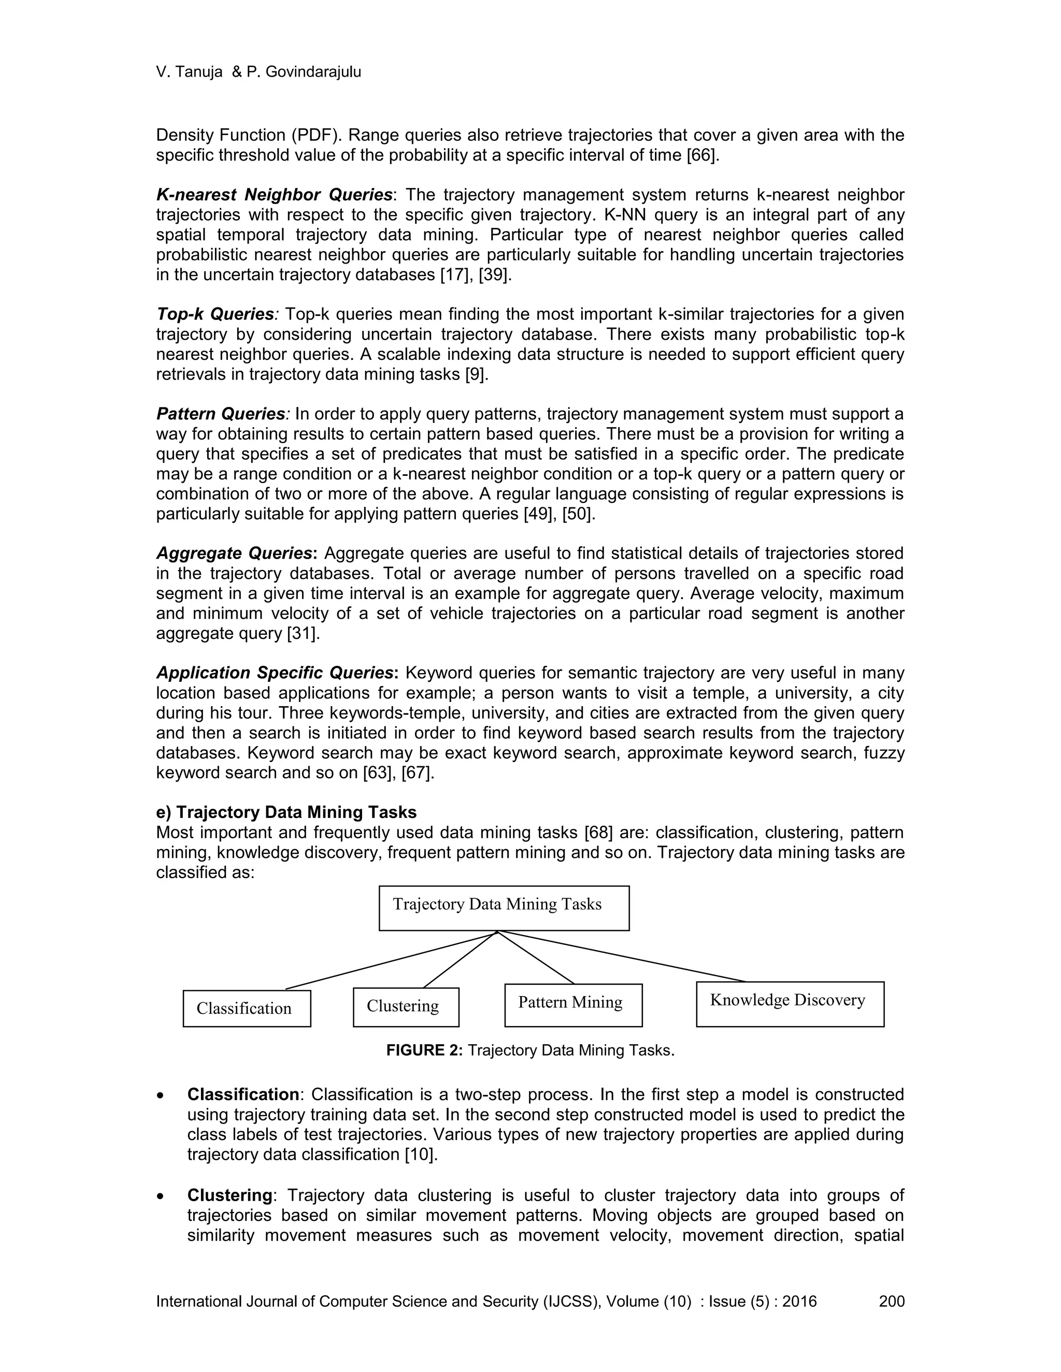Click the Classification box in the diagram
pyautogui.click(x=247, y=1008)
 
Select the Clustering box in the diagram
pyautogui.click(x=406, y=1006)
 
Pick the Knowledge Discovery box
pyautogui.click(x=790, y=1003)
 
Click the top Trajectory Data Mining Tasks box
pyautogui.click(x=504, y=908)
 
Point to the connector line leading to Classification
pyautogui.click(x=390, y=960)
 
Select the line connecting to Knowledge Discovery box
pyautogui.click(x=622, y=957)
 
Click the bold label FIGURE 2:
pyautogui.click(x=424, y=1050)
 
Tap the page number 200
pyautogui.click(x=891, y=1301)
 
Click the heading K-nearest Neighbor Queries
pyautogui.click(x=274, y=195)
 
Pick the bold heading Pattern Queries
pyautogui.click(x=221, y=414)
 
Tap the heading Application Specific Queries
pyautogui.click(x=275, y=673)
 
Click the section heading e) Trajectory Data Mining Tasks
pyautogui.click(x=286, y=812)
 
